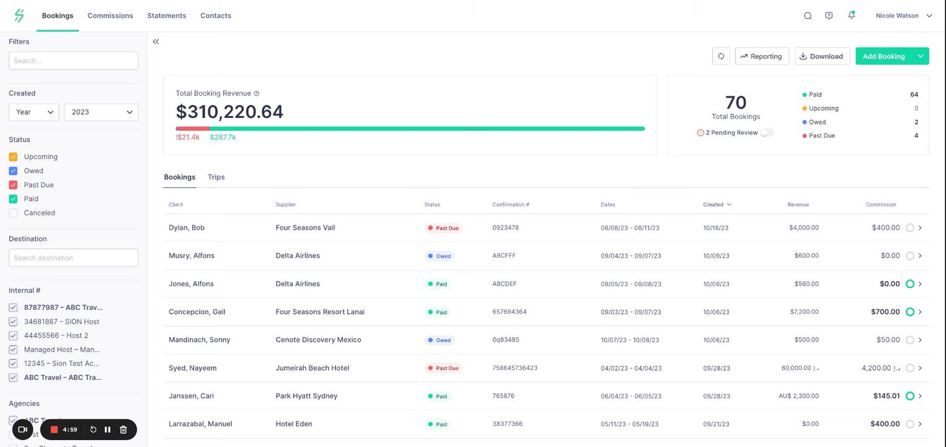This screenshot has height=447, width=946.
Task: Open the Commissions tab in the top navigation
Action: [110, 16]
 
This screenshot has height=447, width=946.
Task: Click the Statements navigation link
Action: [167, 16]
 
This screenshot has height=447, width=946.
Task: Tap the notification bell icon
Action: [851, 16]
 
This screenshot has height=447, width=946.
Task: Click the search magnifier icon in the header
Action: [808, 16]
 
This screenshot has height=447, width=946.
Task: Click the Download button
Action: [822, 56]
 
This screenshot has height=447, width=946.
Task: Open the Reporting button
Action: [762, 56]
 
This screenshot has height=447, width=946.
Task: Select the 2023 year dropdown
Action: [101, 112]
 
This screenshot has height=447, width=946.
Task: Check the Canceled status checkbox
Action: [13, 213]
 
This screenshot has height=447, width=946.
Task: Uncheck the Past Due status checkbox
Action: [13, 185]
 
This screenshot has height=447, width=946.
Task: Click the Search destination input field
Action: [73, 258]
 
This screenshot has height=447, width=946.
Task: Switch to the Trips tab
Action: [216, 177]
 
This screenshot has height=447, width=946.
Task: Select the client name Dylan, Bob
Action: [187, 228]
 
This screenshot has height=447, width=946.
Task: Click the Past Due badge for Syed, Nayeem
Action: [443, 368]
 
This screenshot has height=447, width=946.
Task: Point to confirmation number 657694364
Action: [510, 312]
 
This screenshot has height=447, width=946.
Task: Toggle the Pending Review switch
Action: [767, 133]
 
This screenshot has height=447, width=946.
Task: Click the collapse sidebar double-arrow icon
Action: [156, 42]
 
